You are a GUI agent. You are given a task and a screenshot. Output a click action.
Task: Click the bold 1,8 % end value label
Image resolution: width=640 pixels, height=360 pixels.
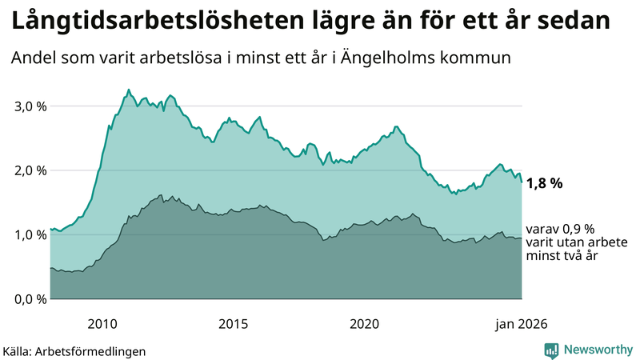pos(545,183)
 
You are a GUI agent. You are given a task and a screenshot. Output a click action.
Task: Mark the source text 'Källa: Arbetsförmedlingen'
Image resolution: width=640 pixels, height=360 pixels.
pos(74,351)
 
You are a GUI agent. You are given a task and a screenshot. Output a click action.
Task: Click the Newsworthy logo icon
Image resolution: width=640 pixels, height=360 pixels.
pos(551,350)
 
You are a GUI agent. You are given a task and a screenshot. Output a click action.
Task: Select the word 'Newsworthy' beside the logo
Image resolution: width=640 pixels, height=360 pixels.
pos(597,350)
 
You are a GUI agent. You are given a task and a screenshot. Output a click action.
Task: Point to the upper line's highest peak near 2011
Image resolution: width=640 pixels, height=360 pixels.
pos(129,90)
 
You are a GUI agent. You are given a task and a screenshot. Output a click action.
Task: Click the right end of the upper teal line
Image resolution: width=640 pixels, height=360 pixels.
pos(522,182)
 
